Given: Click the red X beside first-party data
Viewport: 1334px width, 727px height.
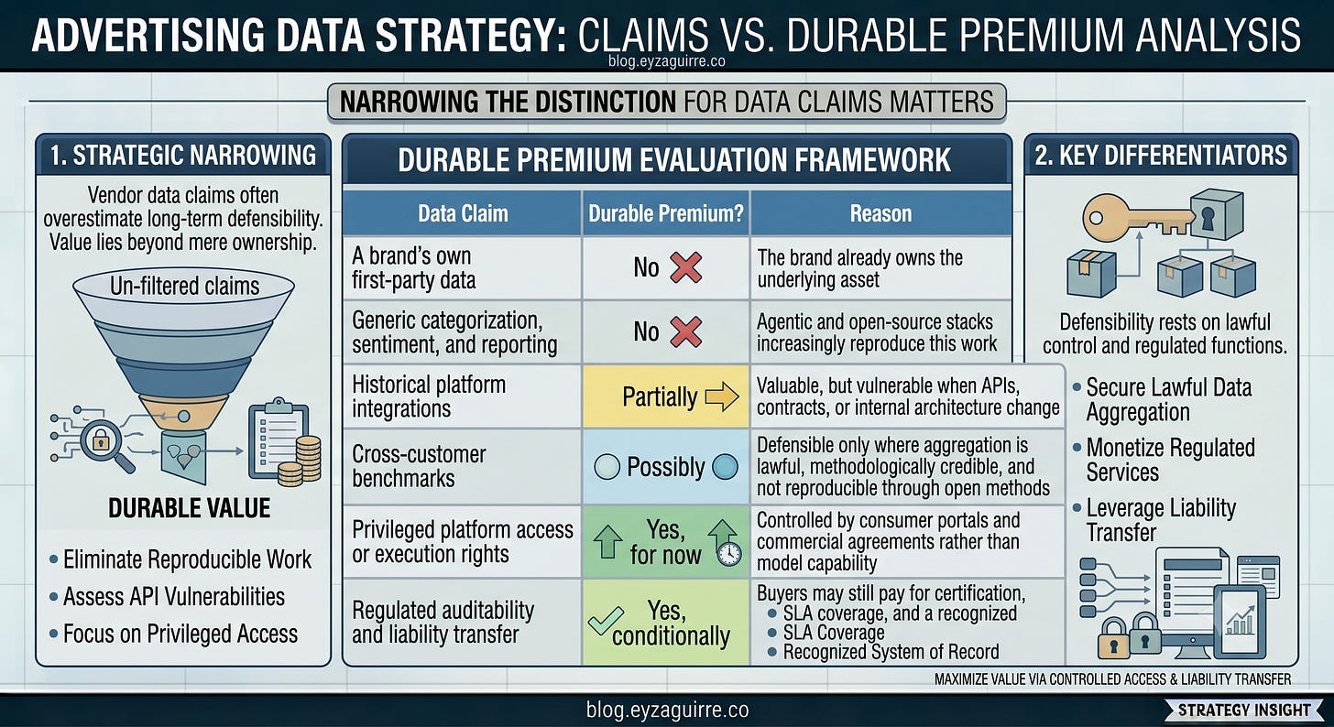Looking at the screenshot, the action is [686, 267].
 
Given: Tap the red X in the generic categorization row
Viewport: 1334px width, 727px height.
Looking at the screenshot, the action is [686, 331].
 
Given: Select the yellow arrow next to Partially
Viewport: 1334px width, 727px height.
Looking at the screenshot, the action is [722, 396].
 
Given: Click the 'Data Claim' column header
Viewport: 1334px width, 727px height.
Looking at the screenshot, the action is [463, 213].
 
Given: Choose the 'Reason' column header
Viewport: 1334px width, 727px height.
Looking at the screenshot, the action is [880, 213].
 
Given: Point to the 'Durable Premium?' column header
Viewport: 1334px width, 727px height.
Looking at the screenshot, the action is [666, 213].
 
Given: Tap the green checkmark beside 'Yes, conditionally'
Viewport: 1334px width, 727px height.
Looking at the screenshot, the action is [606, 621].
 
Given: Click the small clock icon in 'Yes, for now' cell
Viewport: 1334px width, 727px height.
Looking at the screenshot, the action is [729, 554].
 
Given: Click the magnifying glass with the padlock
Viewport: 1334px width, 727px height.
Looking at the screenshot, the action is [105, 446].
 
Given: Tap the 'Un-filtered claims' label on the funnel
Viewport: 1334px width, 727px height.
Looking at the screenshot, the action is [185, 287].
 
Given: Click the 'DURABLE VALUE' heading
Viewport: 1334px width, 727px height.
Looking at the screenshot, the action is [190, 508].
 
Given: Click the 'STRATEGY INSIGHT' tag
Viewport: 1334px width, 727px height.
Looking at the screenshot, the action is [1243, 711].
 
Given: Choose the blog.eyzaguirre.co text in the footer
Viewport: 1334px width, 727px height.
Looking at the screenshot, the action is [667, 710].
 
